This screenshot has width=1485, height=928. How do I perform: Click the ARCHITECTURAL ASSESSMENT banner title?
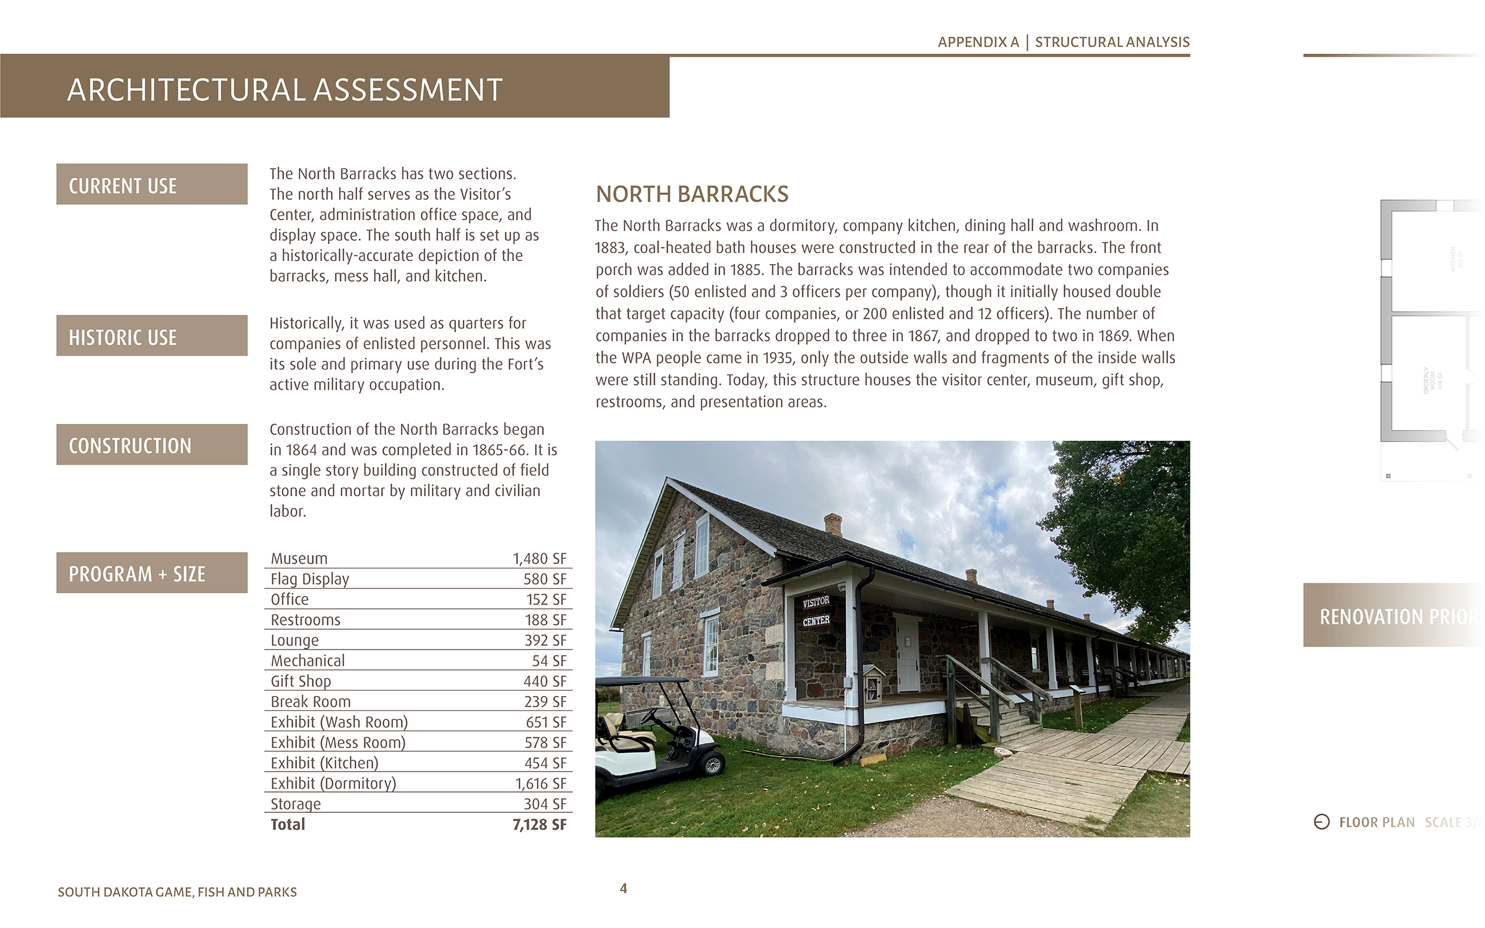pyautogui.click(x=285, y=90)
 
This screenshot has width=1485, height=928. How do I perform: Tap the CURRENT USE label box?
pyautogui.click(x=152, y=184)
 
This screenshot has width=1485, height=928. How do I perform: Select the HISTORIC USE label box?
pyautogui.click(x=152, y=336)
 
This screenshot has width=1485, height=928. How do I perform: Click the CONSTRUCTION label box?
pyautogui.click(x=152, y=445)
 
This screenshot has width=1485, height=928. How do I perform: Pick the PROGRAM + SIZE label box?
pyautogui.click(x=152, y=573)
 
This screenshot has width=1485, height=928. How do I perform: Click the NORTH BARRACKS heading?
pyautogui.click(x=692, y=194)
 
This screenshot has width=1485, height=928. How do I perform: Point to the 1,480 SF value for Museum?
pyautogui.click(x=539, y=559)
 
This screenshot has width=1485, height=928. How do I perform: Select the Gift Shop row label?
pyautogui.click(x=301, y=681)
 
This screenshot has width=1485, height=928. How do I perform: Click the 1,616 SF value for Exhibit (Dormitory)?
pyautogui.click(x=540, y=783)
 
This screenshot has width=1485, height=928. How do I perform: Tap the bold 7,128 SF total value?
pyautogui.click(x=539, y=824)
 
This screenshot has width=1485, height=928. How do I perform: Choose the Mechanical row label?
pyautogui.click(x=308, y=661)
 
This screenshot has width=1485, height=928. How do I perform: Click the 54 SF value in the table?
pyautogui.click(x=549, y=661)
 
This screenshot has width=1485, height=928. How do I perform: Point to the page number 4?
pyautogui.click(x=623, y=888)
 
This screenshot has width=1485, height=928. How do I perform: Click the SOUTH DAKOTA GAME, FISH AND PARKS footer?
pyautogui.click(x=177, y=892)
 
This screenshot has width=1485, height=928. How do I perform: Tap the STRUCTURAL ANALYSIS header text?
pyautogui.click(x=1112, y=42)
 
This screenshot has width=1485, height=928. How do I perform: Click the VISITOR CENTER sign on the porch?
pyautogui.click(x=816, y=611)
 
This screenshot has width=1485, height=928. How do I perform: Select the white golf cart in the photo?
pyautogui.click(x=656, y=736)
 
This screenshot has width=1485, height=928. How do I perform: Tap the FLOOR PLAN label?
pyautogui.click(x=1376, y=822)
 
